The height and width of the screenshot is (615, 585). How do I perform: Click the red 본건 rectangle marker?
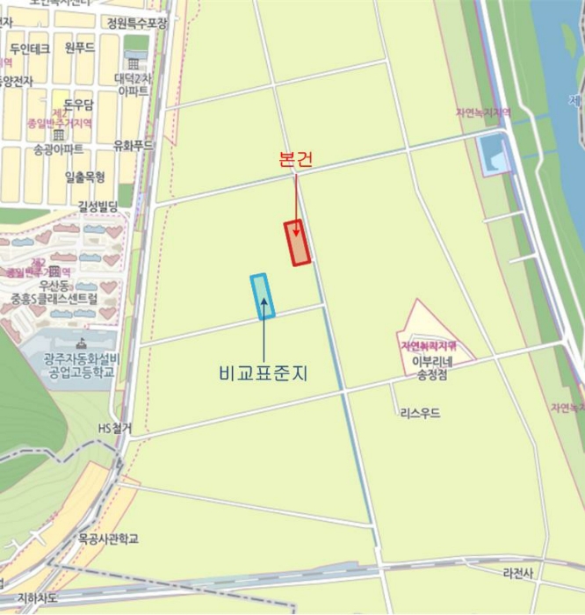point(297,242)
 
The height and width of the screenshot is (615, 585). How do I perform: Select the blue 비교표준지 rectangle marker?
point(263,296)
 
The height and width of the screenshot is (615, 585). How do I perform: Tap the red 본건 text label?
point(294,160)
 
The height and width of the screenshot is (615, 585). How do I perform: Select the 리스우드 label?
point(419,413)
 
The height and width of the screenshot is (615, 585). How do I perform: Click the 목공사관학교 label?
point(107,538)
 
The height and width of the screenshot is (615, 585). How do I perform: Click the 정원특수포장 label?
point(136,23)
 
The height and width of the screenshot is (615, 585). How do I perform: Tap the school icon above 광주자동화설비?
point(82,344)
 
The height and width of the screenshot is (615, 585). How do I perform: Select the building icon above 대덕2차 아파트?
point(133,63)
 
